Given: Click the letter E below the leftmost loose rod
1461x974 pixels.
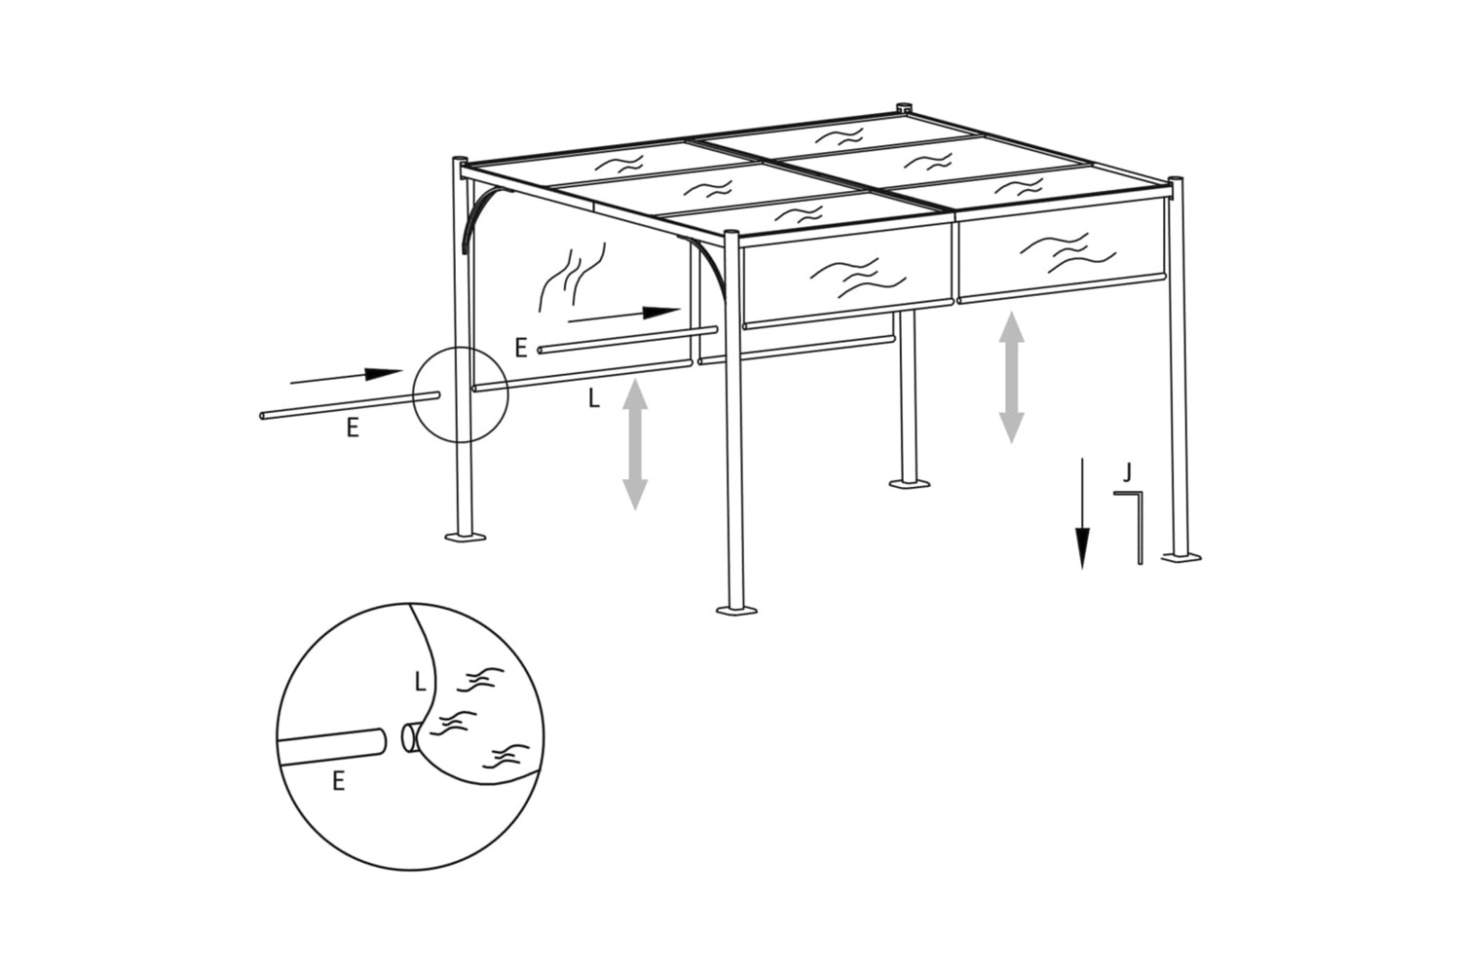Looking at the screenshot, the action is pos(353,428).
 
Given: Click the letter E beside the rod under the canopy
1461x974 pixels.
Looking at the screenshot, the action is pos(520,349).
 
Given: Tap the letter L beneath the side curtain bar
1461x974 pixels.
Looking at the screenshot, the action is pos(593,398).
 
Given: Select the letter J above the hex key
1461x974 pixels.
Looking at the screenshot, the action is pos(1128,471).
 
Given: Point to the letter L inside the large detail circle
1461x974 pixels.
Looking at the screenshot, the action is pos(420,682).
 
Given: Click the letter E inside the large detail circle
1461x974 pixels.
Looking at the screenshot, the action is pos(338,781).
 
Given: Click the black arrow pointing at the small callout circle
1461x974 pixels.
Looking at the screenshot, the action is pos(347,376).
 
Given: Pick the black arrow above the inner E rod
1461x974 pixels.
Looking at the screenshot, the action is pos(624,316).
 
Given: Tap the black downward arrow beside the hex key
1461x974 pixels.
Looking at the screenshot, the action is pos(1083,513).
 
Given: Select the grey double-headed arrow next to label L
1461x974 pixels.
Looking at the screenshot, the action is pos(635,444).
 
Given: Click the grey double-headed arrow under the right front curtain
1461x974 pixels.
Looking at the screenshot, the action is pos(1011,377).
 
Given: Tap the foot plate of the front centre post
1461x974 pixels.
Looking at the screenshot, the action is pos(737,611).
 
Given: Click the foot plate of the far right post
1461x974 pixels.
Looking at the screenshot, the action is pos(1181,556).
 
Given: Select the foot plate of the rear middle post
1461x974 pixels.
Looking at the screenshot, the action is pos(911,483).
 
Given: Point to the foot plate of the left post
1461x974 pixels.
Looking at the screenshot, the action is pos(465,537).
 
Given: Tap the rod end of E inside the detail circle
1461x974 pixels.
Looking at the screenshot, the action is pos(381,742).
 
